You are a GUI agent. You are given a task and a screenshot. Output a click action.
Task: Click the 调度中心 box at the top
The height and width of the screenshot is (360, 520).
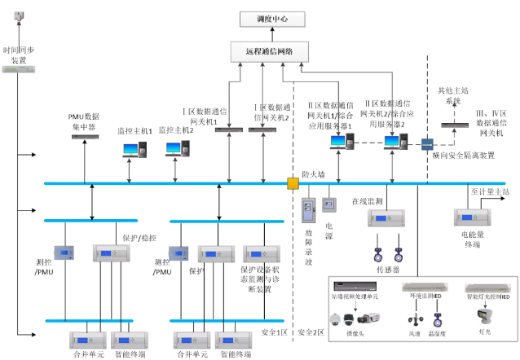[273, 18]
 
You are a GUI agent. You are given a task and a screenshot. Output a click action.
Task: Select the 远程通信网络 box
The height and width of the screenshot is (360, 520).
[273, 50]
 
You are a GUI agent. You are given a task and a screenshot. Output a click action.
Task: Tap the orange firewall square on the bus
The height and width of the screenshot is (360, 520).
[293, 183]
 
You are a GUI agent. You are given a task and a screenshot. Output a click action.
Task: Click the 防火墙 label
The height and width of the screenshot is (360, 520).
[314, 173]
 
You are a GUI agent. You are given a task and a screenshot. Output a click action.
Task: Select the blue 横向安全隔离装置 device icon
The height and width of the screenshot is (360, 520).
[426, 144]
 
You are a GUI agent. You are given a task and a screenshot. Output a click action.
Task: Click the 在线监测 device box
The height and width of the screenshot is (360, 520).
[386, 219]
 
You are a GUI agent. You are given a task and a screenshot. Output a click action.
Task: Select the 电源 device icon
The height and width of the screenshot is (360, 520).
[329, 203]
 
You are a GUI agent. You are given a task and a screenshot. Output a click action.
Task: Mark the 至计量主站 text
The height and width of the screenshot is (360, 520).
[490, 191]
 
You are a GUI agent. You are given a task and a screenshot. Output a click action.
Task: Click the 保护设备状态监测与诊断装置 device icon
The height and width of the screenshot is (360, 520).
[261, 253]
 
